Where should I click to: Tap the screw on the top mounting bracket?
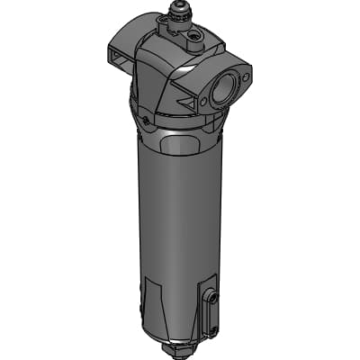pyautogui.click(x=191, y=39)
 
